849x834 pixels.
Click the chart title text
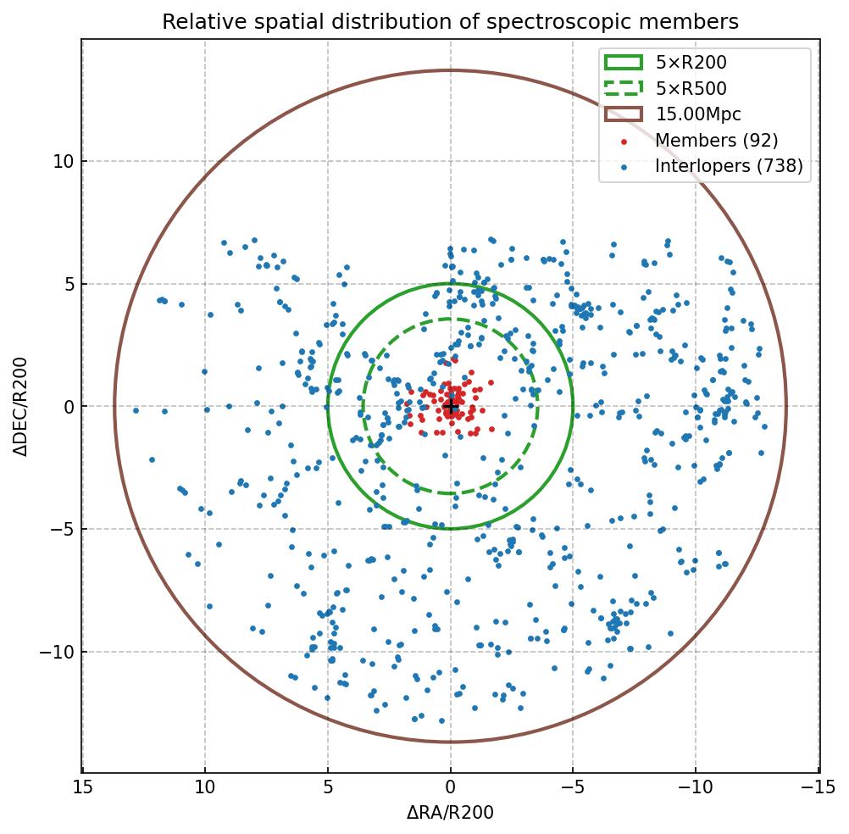[x=450, y=21]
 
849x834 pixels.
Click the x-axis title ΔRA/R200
[x=450, y=813]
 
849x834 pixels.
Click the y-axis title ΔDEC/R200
[x=21, y=407]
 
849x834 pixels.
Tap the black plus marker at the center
[x=451, y=407]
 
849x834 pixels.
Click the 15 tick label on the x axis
[x=82, y=787]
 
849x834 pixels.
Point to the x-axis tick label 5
[x=328, y=787]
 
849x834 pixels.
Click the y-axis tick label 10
[x=63, y=162]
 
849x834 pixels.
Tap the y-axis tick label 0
[x=68, y=407]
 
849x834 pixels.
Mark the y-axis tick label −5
[x=61, y=530]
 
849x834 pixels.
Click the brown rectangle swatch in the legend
[x=623, y=114]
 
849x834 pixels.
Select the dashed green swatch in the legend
[x=623, y=88]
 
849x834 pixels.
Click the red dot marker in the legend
[x=624, y=141]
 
